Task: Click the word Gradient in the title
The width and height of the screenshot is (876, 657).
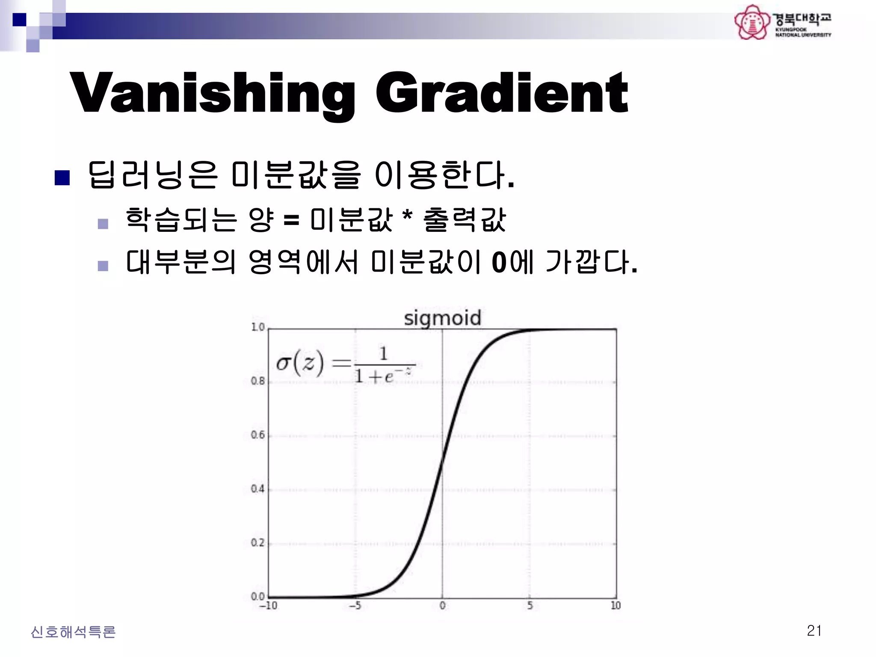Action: [x=502, y=93]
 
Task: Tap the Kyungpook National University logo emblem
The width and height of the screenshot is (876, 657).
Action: [x=752, y=22]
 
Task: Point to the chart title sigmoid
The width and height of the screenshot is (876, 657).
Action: [x=442, y=318]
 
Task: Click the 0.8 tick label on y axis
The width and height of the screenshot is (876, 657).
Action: [x=257, y=381]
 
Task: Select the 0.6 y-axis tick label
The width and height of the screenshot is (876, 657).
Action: [x=257, y=435]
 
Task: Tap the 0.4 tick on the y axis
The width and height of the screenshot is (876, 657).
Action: [x=257, y=489]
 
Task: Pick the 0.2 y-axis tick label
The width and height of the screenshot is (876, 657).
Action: [x=257, y=543]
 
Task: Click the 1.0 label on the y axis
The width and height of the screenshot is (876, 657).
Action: [x=258, y=327]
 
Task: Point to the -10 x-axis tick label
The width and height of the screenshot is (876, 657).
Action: [x=268, y=606]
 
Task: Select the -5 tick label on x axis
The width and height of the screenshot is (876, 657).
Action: [x=355, y=606]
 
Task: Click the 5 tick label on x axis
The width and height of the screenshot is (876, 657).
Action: [x=530, y=606]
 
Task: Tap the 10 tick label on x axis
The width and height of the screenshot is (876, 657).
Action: [x=616, y=606]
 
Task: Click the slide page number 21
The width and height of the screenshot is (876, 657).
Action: [x=814, y=631]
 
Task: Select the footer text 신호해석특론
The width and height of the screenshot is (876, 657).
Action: [x=73, y=632]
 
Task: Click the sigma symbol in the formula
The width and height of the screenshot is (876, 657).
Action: [x=283, y=364]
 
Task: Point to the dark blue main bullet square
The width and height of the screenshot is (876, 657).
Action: [x=62, y=178]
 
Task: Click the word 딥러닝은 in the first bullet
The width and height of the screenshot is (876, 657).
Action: [x=153, y=175]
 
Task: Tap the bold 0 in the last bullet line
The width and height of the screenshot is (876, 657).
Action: [x=499, y=262]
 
